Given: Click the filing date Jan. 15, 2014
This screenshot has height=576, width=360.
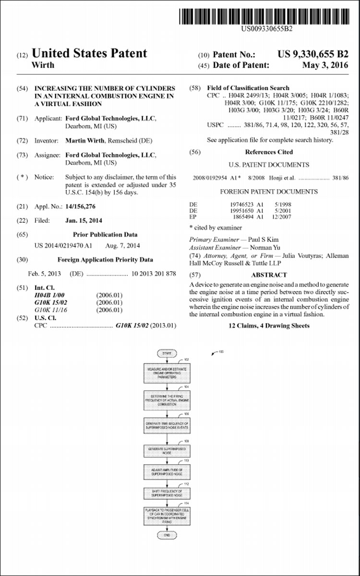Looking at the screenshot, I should [x=84, y=220].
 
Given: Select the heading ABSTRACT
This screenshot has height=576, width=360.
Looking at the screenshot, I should [x=269, y=275].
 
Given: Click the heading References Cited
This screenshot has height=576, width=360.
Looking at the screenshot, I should [x=269, y=152].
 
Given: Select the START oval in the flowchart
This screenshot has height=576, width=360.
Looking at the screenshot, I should [x=167, y=353].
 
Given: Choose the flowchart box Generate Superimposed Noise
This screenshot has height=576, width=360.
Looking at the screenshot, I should [x=167, y=450].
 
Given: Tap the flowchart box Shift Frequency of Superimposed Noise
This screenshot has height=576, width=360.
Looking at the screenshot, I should [x=167, y=493].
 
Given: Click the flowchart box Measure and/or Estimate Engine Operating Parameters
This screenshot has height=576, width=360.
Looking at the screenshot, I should [x=167, y=373].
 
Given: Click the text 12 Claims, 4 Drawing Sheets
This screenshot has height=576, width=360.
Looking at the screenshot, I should [x=269, y=326].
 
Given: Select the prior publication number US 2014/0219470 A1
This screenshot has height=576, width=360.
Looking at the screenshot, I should [x=63, y=245].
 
